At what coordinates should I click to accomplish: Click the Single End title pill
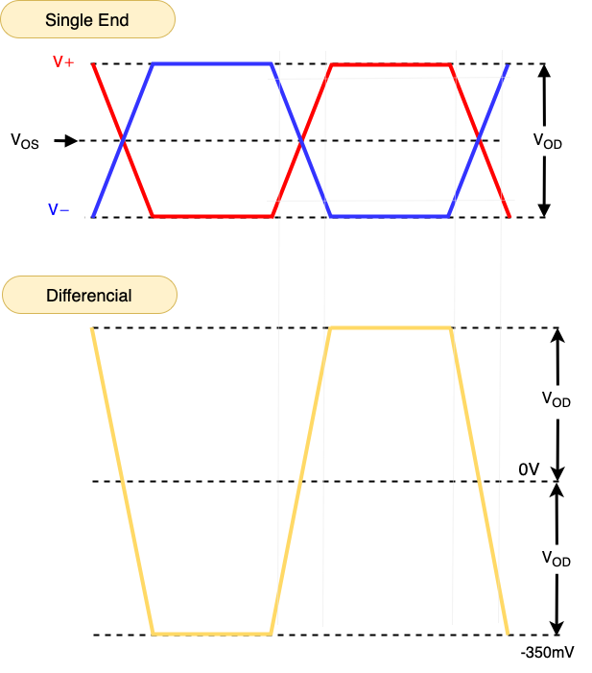tap(88, 20)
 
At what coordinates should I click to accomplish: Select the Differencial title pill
tap(89, 295)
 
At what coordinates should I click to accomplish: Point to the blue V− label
tap(59, 209)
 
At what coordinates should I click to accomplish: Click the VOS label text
tap(26, 141)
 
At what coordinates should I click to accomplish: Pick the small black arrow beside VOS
tap(65, 141)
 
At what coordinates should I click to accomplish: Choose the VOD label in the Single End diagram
tap(547, 141)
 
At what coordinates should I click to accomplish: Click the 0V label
tap(530, 469)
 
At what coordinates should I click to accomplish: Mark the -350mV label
tap(548, 653)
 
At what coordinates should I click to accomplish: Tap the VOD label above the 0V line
tap(556, 399)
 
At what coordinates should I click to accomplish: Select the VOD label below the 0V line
tap(556, 558)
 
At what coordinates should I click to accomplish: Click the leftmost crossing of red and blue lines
tap(123, 141)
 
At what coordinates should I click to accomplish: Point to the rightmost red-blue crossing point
tap(479, 141)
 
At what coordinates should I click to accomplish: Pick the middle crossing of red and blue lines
tap(301, 141)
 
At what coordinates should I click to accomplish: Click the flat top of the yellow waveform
tap(391, 329)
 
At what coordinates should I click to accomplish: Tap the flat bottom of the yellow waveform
tap(212, 634)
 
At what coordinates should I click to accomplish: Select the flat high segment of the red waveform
tap(391, 64)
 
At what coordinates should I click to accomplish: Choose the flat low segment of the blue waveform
tap(391, 216)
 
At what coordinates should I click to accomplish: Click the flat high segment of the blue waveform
tap(212, 64)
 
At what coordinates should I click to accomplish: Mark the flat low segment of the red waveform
tap(212, 216)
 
